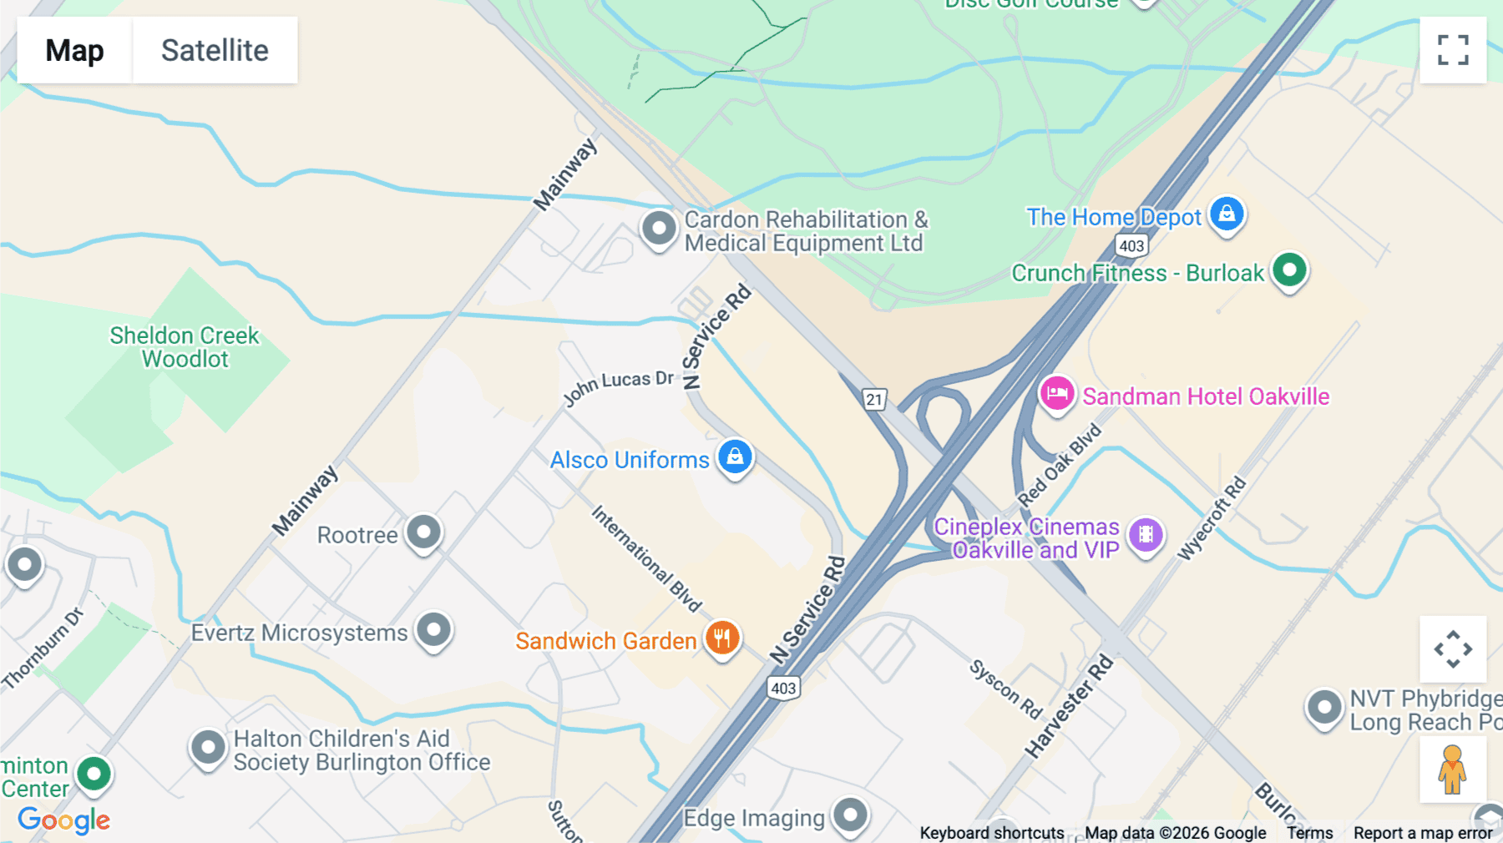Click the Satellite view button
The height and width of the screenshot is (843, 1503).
pyautogui.click(x=215, y=50)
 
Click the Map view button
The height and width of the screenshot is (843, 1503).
pyautogui.click(x=74, y=50)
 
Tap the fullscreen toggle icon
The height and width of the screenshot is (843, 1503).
pyautogui.click(x=1453, y=50)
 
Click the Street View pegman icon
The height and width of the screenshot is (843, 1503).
pyautogui.click(x=1452, y=770)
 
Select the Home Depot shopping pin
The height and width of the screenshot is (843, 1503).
pyautogui.click(x=1227, y=215)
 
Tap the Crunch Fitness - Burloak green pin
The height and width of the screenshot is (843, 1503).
pyautogui.click(x=1289, y=270)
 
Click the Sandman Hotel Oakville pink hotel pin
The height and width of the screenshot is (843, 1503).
pyautogui.click(x=1056, y=393)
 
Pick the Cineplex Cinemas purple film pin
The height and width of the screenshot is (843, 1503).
pyautogui.click(x=1146, y=535)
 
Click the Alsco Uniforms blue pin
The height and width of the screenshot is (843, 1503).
pyautogui.click(x=735, y=457)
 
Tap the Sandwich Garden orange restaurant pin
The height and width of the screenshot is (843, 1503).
pyautogui.click(x=722, y=639)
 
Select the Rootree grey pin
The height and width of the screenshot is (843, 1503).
pyautogui.click(x=423, y=533)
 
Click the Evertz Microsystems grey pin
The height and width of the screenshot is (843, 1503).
pyautogui.click(x=434, y=630)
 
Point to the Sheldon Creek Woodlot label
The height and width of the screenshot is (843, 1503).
pyautogui.click(x=185, y=347)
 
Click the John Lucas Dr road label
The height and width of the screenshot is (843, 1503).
pyautogui.click(x=618, y=386)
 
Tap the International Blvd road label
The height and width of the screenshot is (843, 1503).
pyautogui.click(x=646, y=558)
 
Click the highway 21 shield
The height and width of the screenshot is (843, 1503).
pyautogui.click(x=873, y=399)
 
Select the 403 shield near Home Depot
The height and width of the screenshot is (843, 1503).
pyautogui.click(x=1131, y=245)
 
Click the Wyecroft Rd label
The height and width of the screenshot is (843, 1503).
pyautogui.click(x=1212, y=517)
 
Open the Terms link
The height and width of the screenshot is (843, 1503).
pyautogui.click(x=1309, y=832)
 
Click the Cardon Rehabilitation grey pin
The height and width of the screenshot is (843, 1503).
pyautogui.click(x=659, y=227)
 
